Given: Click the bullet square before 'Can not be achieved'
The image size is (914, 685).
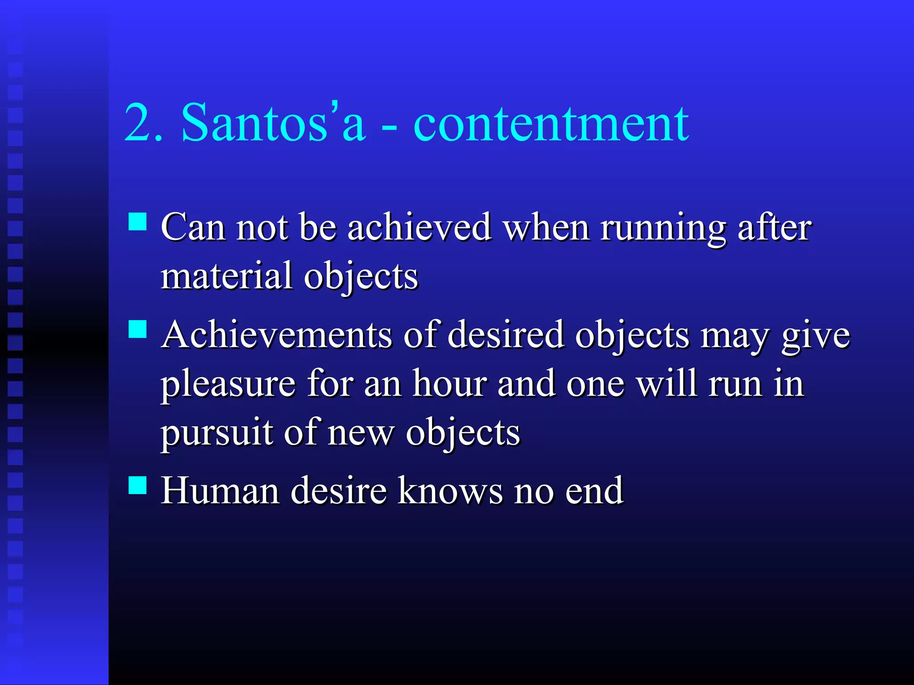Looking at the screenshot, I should tap(137, 221).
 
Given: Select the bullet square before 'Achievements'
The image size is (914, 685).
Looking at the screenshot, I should tap(137, 329).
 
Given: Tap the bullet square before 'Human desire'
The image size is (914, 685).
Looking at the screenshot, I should tap(137, 485).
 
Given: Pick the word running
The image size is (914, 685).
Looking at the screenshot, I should tap(663, 228).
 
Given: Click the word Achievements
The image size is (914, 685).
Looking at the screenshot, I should tap(277, 335).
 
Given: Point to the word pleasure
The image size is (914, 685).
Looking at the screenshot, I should tap(228, 384).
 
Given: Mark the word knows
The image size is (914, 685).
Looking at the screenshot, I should tap(450, 491).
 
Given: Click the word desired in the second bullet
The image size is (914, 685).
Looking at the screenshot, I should tap(506, 335).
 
